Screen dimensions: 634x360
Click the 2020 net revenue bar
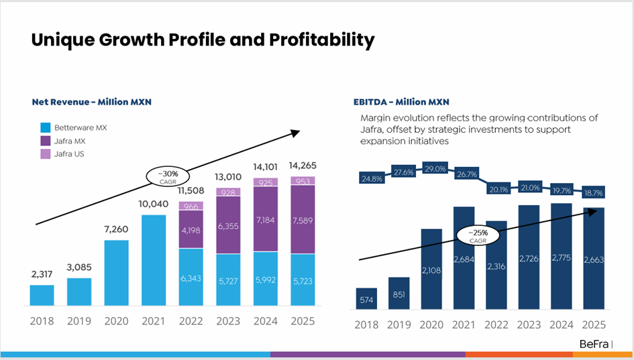[x=117, y=273]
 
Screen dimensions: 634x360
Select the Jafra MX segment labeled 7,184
[x=266, y=219]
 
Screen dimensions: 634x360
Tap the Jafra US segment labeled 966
[x=191, y=206]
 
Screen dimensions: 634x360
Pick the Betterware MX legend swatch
[x=46, y=127]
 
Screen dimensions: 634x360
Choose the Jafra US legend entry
[x=62, y=154]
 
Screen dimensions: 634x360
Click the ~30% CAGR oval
[x=168, y=177]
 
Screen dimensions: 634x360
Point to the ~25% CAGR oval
[x=478, y=235]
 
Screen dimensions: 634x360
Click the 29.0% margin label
[x=435, y=169]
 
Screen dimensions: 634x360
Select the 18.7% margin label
[x=594, y=192]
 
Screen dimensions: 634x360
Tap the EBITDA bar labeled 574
[x=366, y=298]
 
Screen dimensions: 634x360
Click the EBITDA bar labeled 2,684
[x=464, y=258]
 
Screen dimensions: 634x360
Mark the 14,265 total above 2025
[x=303, y=166]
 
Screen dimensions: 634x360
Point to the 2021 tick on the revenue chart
[x=153, y=321]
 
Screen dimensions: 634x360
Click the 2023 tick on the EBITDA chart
[x=529, y=325]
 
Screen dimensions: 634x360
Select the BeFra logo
[x=594, y=344]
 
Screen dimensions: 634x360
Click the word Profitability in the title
[x=322, y=40]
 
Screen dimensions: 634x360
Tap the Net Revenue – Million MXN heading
[x=92, y=102]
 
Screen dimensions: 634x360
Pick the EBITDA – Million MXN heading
[x=401, y=102]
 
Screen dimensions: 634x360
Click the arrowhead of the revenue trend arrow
[x=296, y=133]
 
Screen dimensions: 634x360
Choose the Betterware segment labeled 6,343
[x=191, y=277]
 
